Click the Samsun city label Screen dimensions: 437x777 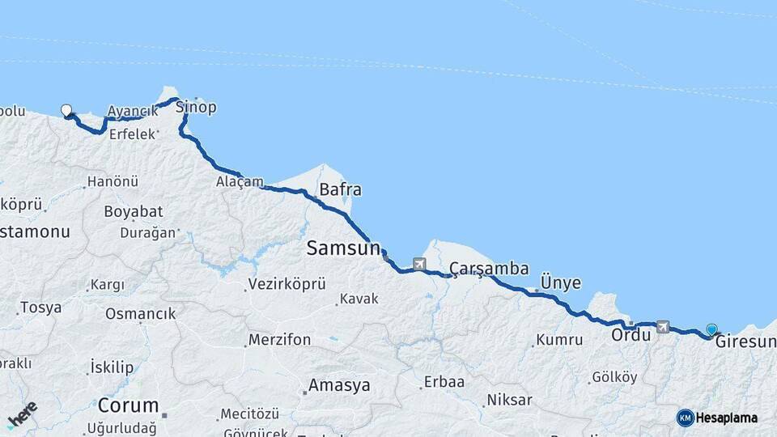click(x=342, y=248)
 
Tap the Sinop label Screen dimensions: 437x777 click(x=196, y=107)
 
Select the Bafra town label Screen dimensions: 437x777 click(x=340, y=190)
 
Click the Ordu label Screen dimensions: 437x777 click(x=631, y=334)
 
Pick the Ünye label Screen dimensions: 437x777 click(x=560, y=282)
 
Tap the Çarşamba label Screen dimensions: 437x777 click(x=489, y=268)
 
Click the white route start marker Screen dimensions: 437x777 click(x=66, y=111)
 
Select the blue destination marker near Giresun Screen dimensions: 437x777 click(x=711, y=329)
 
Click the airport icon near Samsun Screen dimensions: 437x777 click(x=418, y=264)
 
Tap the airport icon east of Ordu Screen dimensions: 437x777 click(x=664, y=327)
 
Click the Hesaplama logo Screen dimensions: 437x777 click(x=717, y=418)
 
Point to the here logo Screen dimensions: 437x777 click(x=22, y=414)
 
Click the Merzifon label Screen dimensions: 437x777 click(x=279, y=340)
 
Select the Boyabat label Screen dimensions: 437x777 click(x=133, y=212)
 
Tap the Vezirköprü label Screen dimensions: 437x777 click(x=287, y=284)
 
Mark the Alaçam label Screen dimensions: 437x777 click(x=240, y=181)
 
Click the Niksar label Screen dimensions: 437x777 click(x=509, y=400)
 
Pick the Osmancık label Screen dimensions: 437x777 click(x=140, y=314)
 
